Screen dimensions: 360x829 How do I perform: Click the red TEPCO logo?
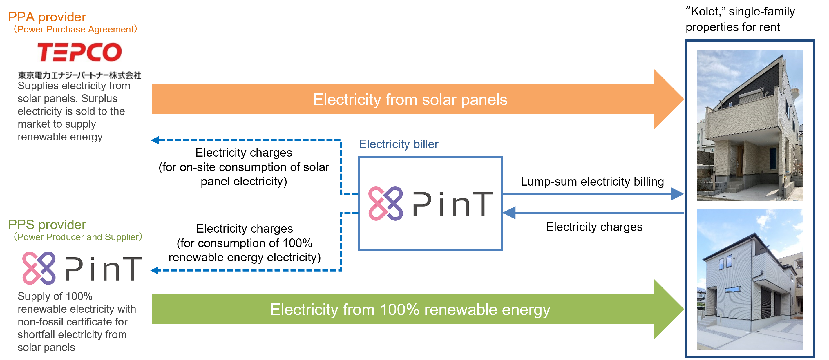pos(79,52)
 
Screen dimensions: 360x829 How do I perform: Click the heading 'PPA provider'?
pos(47,17)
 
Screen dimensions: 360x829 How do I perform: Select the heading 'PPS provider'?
pos(47,225)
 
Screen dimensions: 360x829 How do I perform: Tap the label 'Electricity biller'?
pos(399,144)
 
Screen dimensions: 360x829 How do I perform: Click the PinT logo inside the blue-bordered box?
pos(430,204)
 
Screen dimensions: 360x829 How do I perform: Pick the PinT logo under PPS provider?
pos(82,268)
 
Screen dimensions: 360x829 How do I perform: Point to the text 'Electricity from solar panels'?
pos(410,100)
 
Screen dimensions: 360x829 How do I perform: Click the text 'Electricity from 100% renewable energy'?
pos(410,310)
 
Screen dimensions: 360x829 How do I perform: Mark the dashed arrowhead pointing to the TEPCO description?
pos(155,140)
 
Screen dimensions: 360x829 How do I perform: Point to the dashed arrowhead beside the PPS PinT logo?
pos(155,270)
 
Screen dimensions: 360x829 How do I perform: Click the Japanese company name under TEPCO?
pos(79,75)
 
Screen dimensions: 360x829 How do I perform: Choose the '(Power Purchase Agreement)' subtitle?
pos(75,29)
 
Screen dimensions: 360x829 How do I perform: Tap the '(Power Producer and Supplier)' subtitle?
pos(77,237)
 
